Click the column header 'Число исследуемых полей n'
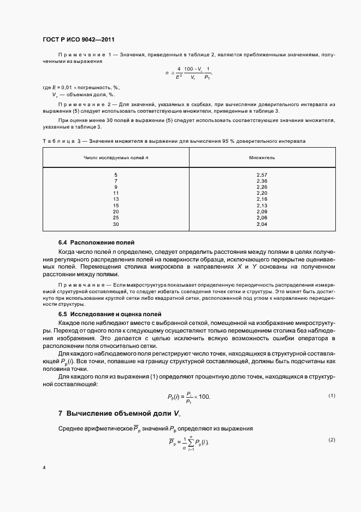pos(116,156)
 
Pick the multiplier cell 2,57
pos(262,174)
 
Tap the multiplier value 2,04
pos(262,224)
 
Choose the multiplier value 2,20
pos(262,193)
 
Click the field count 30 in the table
pos(116,224)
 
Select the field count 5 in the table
pos(116,174)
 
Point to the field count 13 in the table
pos(116,199)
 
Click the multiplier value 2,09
pos(262,212)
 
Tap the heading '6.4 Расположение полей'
pos(96,242)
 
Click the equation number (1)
pos(332,395)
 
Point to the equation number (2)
pos(332,440)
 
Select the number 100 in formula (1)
pos(203,396)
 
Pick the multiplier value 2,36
pos(262,181)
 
